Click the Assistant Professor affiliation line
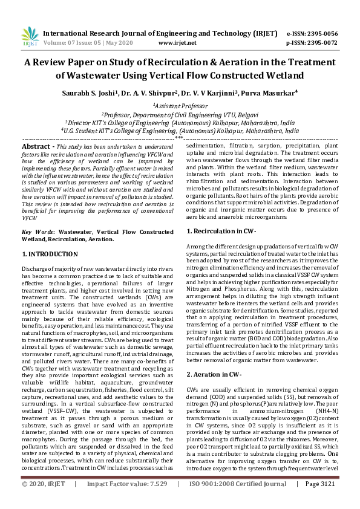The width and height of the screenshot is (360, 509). click(180, 105)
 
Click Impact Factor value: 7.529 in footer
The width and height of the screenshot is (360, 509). click(127, 501)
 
